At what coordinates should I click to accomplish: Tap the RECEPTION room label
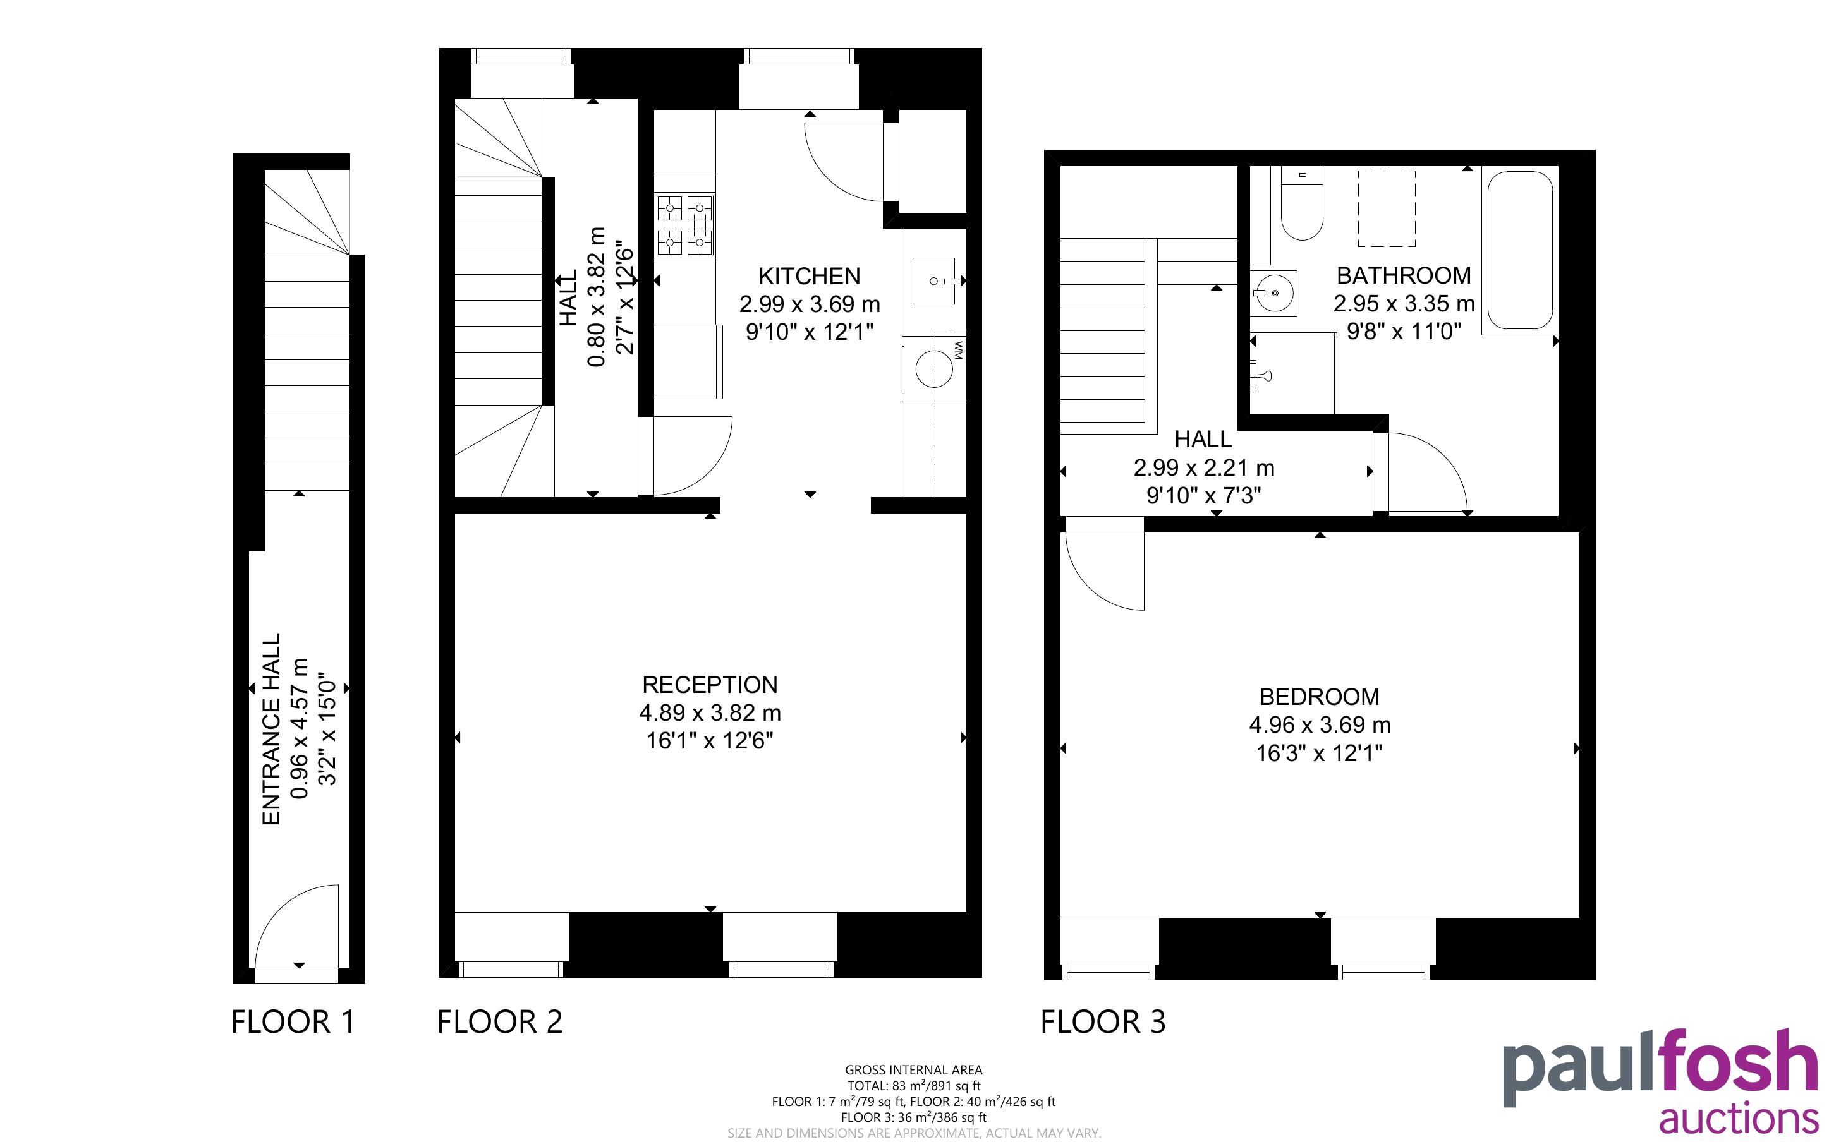[709, 684]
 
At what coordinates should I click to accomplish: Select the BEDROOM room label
[1319, 696]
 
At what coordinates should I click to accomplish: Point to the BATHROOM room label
[1404, 275]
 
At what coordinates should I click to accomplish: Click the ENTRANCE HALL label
[271, 729]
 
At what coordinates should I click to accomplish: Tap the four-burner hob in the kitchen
[684, 224]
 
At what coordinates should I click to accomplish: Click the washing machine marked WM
[935, 368]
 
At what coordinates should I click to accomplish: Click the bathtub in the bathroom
[1520, 250]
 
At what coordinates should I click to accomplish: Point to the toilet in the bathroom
[1302, 204]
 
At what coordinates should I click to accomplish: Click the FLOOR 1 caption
[293, 1022]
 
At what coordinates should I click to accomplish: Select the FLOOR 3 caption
[1103, 1022]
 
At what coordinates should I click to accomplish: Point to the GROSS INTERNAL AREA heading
[913, 1069]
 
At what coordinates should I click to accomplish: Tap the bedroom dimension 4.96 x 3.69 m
[1319, 725]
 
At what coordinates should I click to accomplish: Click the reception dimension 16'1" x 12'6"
[709, 741]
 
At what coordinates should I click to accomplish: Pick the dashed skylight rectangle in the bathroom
[1387, 208]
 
